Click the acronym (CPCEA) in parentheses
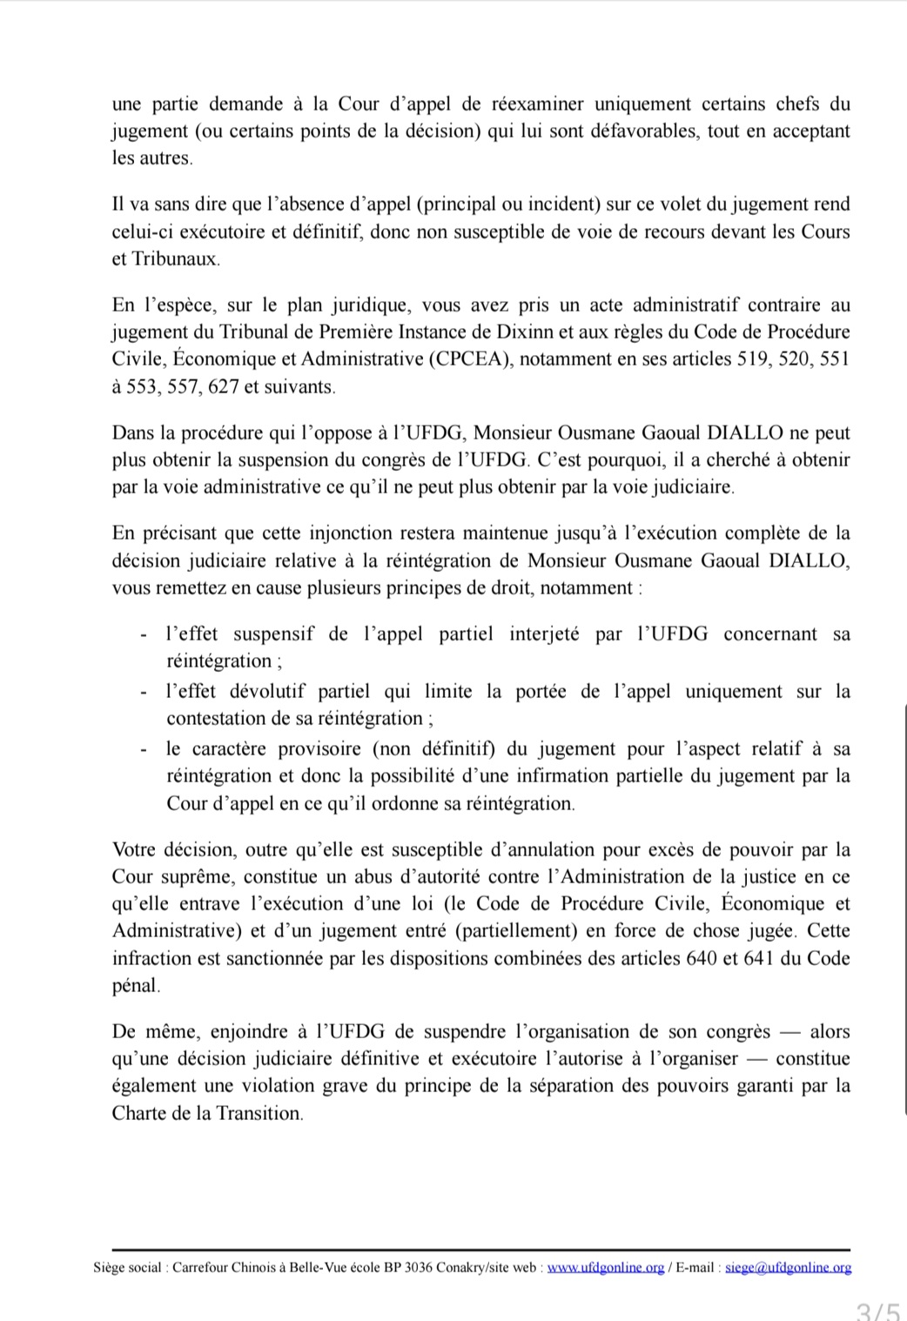[471, 359]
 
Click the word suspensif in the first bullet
[273, 634]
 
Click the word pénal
[135, 987]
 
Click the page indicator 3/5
[877, 1309]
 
